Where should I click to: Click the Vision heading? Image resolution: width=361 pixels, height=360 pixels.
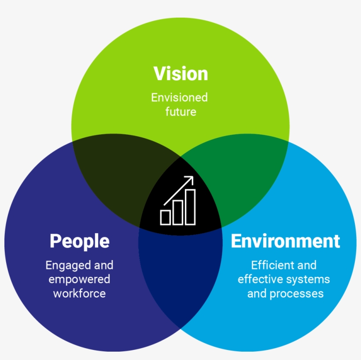[x=180, y=73]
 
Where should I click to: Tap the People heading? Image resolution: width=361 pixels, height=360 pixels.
[x=80, y=241]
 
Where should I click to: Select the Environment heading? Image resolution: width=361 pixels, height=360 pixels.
[x=285, y=241]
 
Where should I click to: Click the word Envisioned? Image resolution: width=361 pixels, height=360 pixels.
[x=180, y=97]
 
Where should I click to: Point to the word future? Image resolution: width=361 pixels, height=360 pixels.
[x=180, y=112]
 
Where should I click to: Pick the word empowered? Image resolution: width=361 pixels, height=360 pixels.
[x=79, y=279]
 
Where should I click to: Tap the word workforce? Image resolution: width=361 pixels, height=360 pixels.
[x=80, y=294]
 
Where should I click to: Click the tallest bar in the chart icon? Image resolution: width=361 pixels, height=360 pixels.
[x=191, y=207]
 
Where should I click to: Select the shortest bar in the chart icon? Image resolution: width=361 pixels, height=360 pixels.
[x=166, y=217]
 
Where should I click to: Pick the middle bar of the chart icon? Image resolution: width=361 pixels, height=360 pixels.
[x=178, y=212]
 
